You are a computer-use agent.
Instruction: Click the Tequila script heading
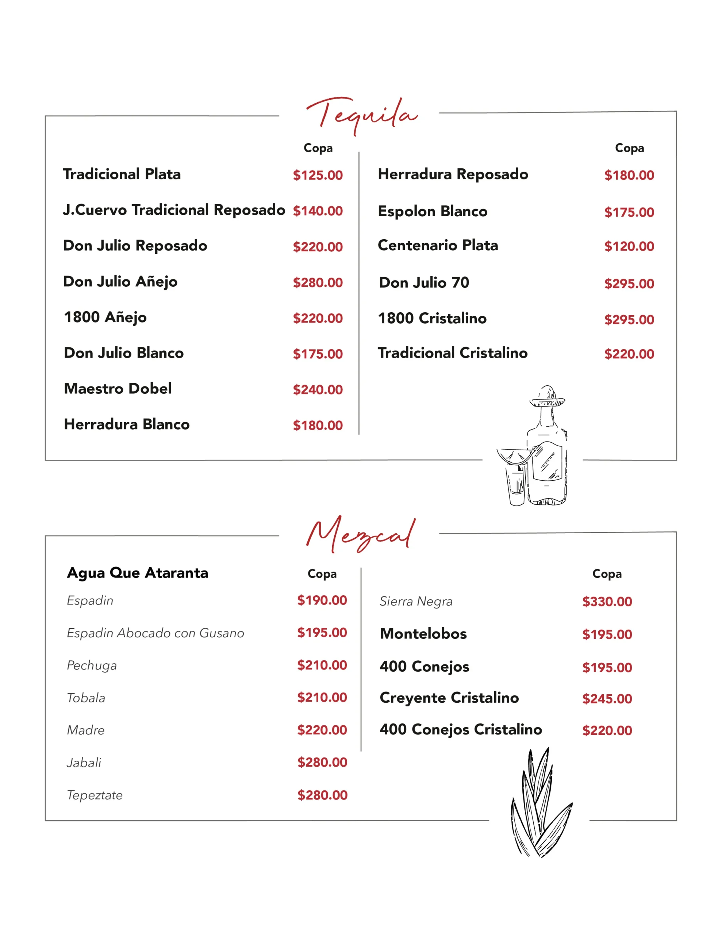click(x=362, y=115)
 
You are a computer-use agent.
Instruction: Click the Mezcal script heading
click(x=360, y=535)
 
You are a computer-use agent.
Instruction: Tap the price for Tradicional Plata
click(x=318, y=175)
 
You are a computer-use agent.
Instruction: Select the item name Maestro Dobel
click(x=118, y=388)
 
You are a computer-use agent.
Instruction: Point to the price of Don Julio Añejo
click(x=318, y=283)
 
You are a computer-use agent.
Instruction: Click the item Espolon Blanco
click(x=432, y=211)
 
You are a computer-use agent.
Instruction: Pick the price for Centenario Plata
click(x=629, y=246)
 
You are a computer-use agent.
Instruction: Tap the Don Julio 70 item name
click(x=424, y=283)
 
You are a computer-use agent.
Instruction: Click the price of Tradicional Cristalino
click(x=629, y=354)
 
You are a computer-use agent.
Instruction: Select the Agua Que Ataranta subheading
click(x=137, y=573)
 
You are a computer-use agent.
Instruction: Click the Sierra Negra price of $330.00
click(x=606, y=602)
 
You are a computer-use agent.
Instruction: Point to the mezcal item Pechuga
click(x=92, y=665)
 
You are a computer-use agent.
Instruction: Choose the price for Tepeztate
click(x=322, y=795)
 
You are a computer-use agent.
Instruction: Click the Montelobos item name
click(x=423, y=634)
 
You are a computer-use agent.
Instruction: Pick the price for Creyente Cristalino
click(x=606, y=699)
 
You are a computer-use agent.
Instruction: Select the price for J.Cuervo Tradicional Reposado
click(x=318, y=211)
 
